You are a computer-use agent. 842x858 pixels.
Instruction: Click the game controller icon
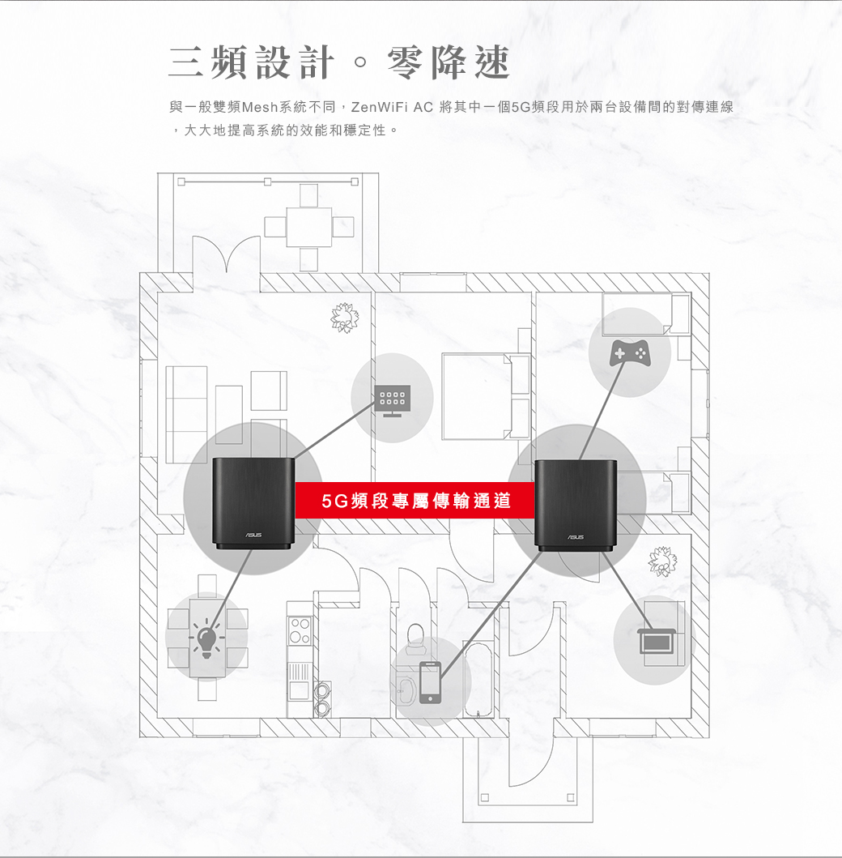coord(629,352)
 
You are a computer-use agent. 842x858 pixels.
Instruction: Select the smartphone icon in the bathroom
coord(430,681)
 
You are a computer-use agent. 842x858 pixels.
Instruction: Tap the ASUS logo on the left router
coord(253,537)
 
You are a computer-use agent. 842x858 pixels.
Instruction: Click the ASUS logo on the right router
coord(576,537)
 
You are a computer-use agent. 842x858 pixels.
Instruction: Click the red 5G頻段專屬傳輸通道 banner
coord(415,501)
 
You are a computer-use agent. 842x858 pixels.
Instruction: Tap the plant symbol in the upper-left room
coord(344,317)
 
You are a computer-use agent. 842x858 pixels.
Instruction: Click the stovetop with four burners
coord(300,632)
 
